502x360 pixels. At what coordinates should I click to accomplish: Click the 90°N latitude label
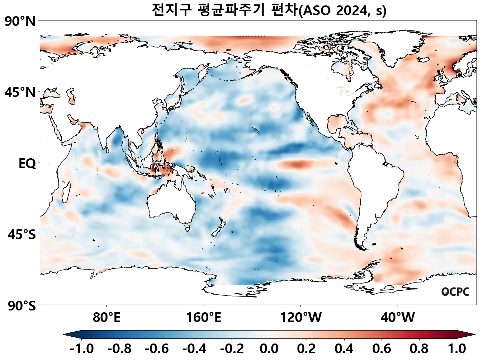pyautogui.click(x=20, y=22)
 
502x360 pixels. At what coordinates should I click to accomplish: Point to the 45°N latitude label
pyautogui.click(x=20, y=93)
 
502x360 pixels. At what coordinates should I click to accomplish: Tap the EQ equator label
pyautogui.click(x=27, y=164)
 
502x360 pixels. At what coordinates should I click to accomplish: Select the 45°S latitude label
pyautogui.click(x=22, y=235)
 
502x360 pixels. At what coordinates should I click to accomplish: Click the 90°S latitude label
pyautogui.click(x=22, y=306)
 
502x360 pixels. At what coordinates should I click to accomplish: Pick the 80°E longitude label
pyautogui.click(x=106, y=318)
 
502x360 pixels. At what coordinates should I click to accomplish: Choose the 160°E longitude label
pyautogui.click(x=203, y=318)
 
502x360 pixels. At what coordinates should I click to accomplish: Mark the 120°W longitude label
pyautogui.click(x=300, y=318)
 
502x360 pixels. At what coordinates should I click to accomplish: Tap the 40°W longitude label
pyautogui.click(x=397, y=318)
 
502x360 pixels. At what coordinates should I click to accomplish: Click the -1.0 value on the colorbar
pyautogui.click(x=82, y=349)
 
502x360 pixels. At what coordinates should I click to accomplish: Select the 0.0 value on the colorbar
pyautogui.click(x=269, y=349)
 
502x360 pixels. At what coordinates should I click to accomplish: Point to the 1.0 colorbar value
pyautogui.click(x=457, y=349)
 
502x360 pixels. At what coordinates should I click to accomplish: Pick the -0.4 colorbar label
pyautogui.click(x=194, y=349)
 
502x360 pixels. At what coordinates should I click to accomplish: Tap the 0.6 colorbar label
pyautogui.click(x=382, y=349)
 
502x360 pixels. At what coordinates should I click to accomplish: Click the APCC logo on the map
pyautogui.click(x=455, y=292)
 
